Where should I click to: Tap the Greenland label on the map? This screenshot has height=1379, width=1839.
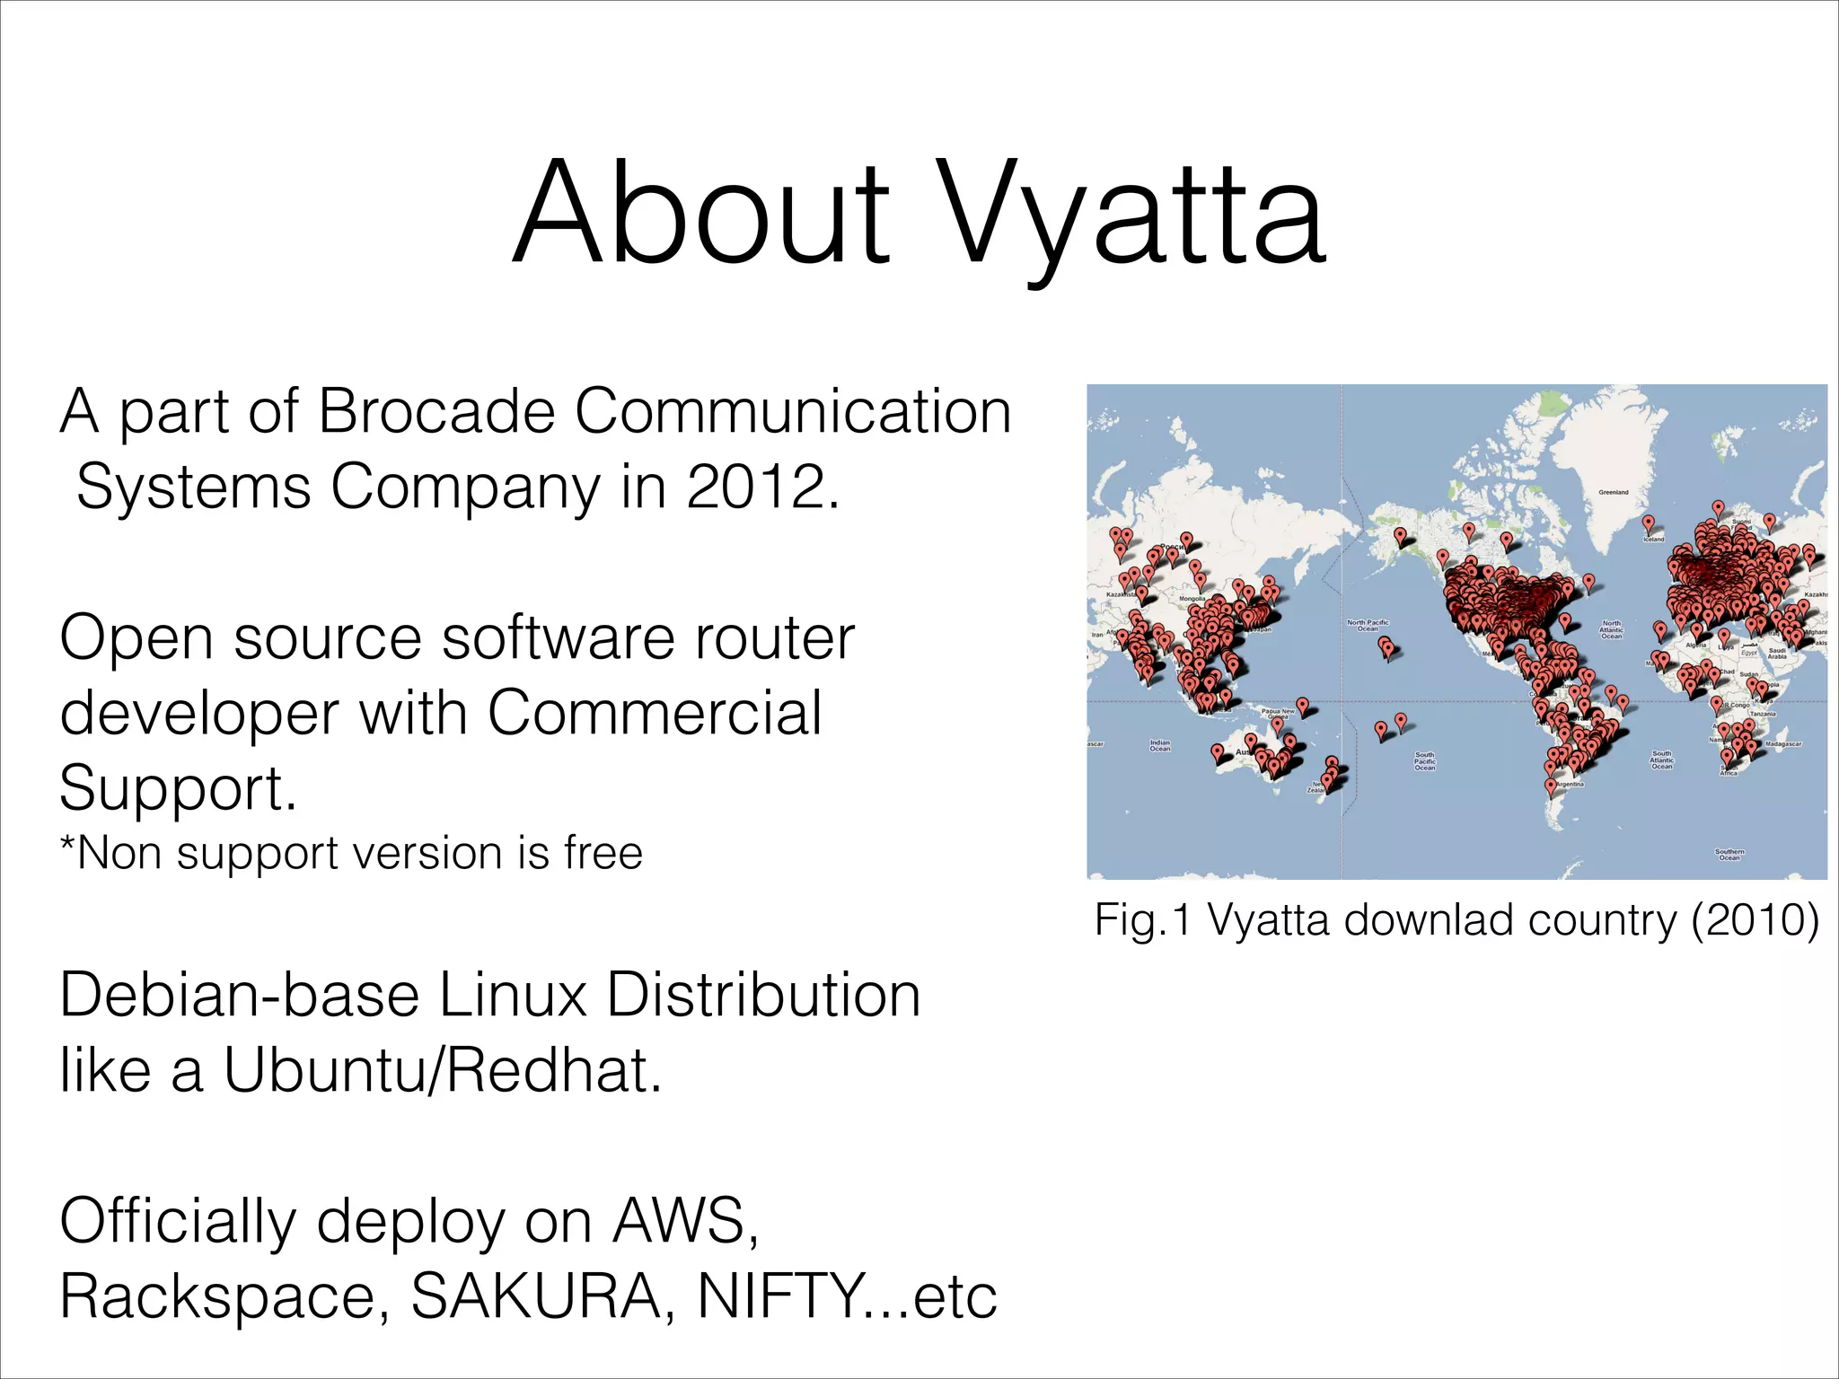coord(1614,492)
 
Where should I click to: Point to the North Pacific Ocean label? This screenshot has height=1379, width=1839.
coord(1368,625)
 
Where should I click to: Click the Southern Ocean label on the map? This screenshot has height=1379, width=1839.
coord(1729,854)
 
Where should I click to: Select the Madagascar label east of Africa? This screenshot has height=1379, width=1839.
coord(1783,743)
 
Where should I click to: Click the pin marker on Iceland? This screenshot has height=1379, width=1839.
coord(1648,523)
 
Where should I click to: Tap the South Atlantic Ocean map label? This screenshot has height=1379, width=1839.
coord(1662,760)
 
